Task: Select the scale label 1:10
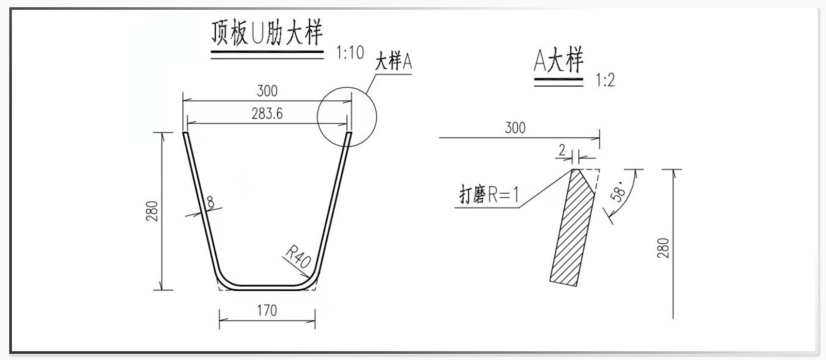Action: coord(350,52)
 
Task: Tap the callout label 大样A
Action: coord(393,61)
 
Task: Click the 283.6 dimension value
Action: coord(267,114)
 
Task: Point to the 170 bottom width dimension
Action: coord(267,310)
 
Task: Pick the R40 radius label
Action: coord(298,257)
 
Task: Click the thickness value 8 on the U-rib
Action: coord(211,202)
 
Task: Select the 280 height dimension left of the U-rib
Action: coord(152,211)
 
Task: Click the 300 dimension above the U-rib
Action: coord(267,91)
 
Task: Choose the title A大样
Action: coord(558,61)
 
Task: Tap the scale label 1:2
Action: coord(605,81)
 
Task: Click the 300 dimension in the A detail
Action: coord(515,128)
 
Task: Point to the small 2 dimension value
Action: coord(562,150)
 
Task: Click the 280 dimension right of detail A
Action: coord(663,248)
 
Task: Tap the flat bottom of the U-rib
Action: coord(267,286)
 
